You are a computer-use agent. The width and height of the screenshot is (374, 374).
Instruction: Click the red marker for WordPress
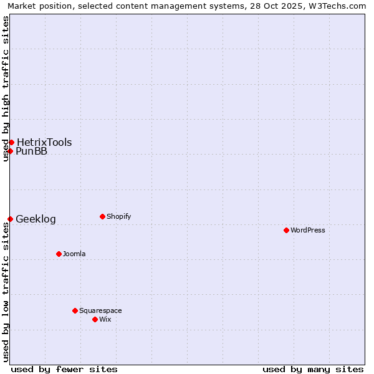[x=286, y=230]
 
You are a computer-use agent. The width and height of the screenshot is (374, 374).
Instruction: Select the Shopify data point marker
[x=102, y=216]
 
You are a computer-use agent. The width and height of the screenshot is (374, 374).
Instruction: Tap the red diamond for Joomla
[x=59, y=254]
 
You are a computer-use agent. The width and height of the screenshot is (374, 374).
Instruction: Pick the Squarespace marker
[x=75, y=310]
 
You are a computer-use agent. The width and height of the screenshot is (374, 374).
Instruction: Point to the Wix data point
[x=95, y=319]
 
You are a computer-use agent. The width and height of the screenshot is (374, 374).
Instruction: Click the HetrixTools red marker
[x=11, y=142]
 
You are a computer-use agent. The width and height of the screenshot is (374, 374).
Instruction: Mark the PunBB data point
[x=10, y=151]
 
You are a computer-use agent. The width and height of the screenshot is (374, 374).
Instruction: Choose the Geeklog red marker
[x=10, y=219]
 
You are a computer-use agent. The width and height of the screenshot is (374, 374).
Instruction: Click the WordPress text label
[x=308, y=230]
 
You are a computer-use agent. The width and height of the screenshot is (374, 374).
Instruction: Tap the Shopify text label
[x=119, y=216]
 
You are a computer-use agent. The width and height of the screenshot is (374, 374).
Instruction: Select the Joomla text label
[x=74, y=254]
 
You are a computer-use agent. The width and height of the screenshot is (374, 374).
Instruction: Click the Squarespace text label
[x=100, y=310]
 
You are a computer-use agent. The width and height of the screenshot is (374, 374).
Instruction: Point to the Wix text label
[x=105, y=319]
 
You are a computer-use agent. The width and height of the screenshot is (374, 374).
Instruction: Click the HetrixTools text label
[x=44, y=142]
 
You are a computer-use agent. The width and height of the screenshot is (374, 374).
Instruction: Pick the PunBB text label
[x=31, y=151]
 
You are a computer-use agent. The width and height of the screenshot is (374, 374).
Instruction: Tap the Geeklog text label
[x=36, y=219]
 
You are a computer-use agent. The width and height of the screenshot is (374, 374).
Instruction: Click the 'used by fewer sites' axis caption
[x=64, y=369]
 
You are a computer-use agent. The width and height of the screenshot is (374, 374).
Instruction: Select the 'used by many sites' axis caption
[x=313, y=369]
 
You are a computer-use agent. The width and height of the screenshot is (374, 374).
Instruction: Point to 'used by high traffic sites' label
[x=6, y=89]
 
